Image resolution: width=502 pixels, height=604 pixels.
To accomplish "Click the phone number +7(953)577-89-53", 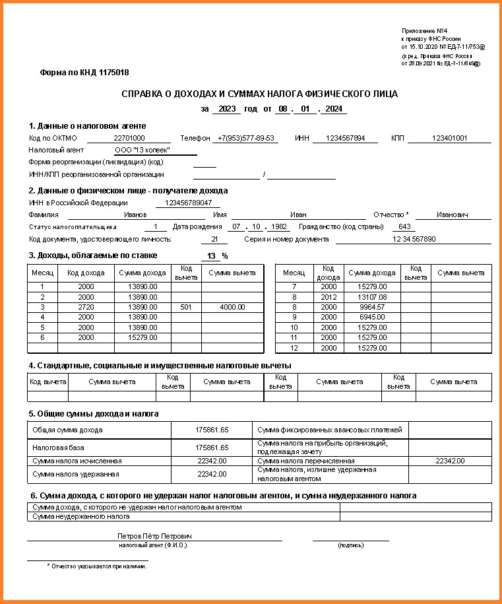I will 247,139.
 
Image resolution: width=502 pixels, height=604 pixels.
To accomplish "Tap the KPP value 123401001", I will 449,139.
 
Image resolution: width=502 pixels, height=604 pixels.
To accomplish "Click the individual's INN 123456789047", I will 189,203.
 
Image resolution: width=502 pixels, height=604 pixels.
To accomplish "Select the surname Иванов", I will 136,215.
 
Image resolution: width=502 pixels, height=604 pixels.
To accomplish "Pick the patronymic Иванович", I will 452,215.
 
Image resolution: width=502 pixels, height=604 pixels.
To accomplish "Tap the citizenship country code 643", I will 404,227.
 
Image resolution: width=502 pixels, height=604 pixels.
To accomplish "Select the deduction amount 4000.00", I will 232,307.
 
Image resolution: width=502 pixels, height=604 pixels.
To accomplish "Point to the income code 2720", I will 86,307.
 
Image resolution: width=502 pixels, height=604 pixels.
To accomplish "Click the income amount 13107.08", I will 371,297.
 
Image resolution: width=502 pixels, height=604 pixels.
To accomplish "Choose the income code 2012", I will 328,297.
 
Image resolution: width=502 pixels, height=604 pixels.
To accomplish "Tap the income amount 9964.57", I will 371,307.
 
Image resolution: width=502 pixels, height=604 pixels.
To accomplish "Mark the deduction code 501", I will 186,307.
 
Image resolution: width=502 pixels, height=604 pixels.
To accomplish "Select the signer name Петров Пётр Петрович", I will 154,537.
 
